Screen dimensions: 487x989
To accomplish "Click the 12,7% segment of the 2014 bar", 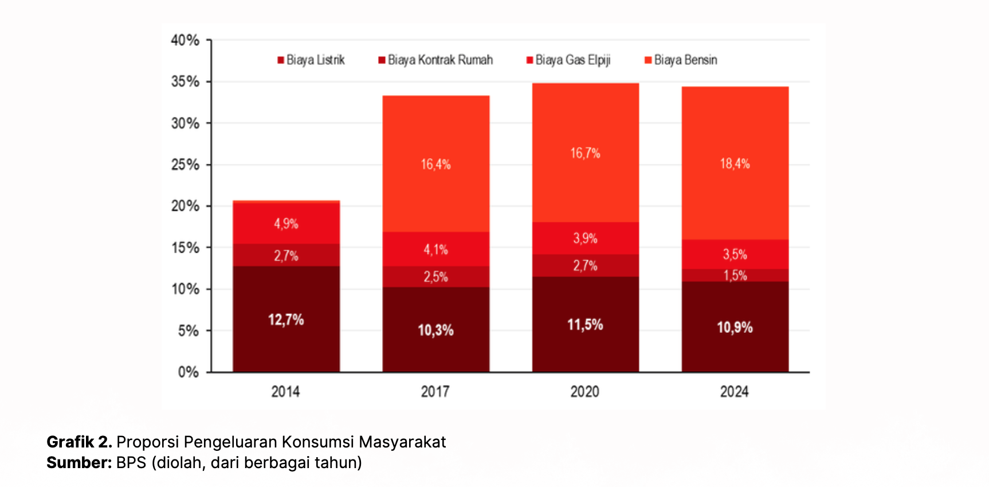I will click(286, 320).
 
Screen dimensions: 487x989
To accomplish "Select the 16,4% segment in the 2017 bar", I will click(435, 164).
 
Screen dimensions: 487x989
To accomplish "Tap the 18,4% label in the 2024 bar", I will click(735, 164).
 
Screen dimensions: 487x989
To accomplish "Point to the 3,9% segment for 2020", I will click(585, 238).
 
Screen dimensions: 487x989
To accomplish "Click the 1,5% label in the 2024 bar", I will click(735, 276).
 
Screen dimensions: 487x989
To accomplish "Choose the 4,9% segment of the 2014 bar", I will click(286, 223).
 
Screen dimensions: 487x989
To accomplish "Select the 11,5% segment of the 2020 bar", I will click(585, 325).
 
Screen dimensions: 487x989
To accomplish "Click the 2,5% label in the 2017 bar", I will click(435, 277).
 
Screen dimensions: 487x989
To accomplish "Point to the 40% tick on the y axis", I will click(185, 41).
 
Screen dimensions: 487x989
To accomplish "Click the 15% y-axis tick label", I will click(185, 248).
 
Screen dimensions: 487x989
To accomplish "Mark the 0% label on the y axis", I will click(188, 372).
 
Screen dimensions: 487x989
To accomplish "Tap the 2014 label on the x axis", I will click(285, 392).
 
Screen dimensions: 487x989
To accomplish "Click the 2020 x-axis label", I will click(584, 392).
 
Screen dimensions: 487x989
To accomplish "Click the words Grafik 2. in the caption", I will click(79, 442).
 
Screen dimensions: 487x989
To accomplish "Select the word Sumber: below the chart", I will click(79, 463).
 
